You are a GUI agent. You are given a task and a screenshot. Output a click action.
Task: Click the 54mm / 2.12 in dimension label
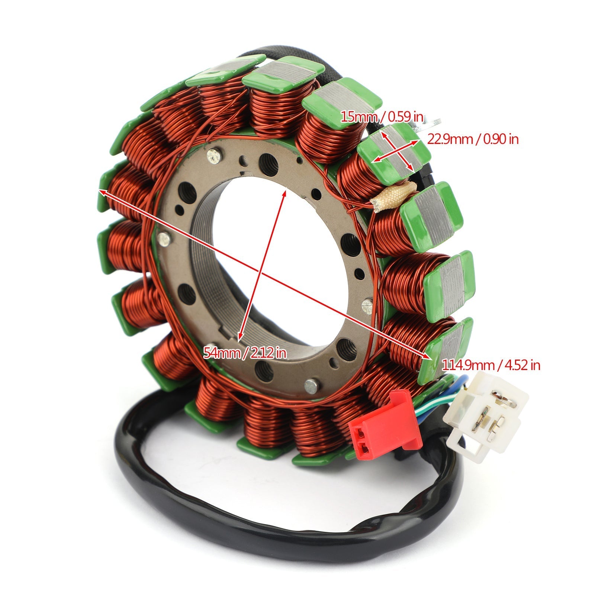coord(245,352)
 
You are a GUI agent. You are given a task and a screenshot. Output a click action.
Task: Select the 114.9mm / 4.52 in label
coord(491,365)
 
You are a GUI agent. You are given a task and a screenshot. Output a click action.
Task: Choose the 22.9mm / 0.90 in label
coord(472,139)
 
